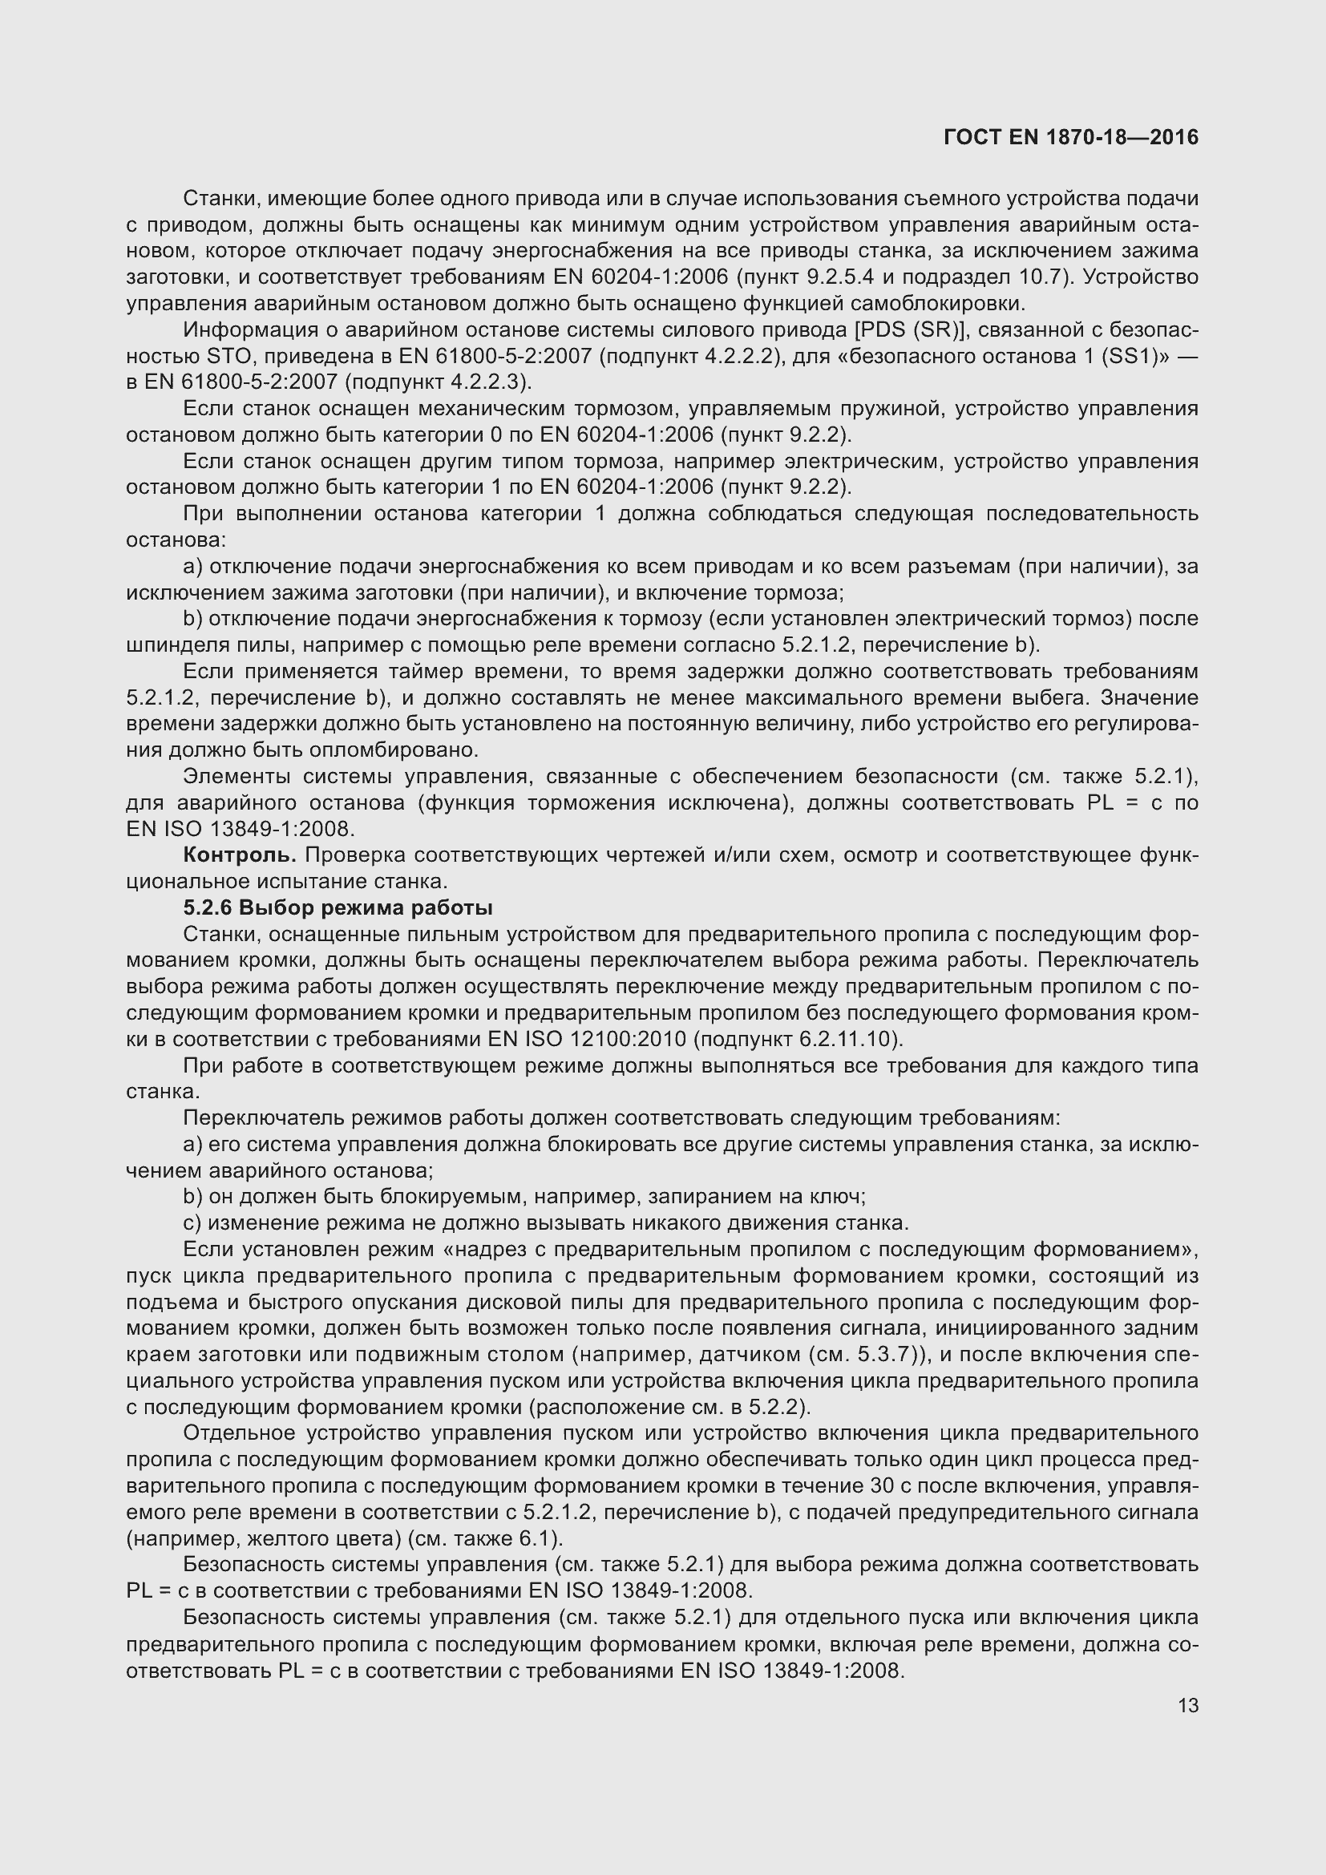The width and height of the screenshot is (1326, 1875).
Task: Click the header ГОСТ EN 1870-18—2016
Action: (1070, 137)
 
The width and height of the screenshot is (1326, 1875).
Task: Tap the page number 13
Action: (1188, 1705)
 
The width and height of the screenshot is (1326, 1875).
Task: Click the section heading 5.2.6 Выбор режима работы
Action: (338, 908)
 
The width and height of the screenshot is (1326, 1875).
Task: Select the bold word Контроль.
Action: (239, 855)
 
